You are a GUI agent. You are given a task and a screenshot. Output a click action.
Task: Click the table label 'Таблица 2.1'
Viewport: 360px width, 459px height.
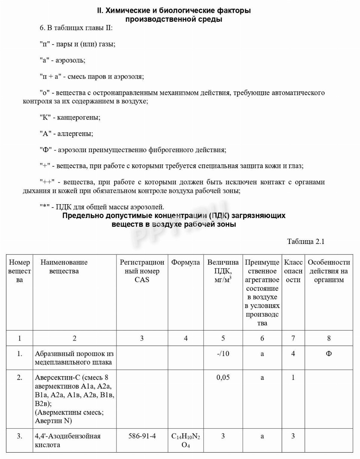pyautogui.click(x=306, y=242)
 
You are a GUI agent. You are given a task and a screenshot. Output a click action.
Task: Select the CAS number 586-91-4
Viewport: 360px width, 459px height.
pyautogui.click(x=142, y=436)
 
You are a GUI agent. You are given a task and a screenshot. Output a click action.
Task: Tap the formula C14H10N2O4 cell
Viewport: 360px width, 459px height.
pyautogui.click(x=186, y=441)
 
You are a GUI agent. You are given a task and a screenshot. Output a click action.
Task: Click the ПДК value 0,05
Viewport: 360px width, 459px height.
pyautogui.click(x=223, y=378)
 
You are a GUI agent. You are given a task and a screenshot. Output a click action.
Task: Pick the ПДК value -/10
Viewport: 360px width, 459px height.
pyautogui.click(x=223, y=354)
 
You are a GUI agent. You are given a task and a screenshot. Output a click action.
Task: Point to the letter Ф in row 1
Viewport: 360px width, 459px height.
pyautogui.click(x=329, y=354)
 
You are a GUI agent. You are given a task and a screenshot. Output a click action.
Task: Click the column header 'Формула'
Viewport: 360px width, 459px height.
pyautogui.click(x=186, y=262)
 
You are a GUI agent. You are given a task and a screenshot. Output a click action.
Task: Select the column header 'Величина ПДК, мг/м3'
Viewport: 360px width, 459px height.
pyautogui.click(x=223, y=271)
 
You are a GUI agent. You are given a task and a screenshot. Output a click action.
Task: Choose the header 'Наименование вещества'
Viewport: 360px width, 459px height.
pyautogui.click(x=64, y=266)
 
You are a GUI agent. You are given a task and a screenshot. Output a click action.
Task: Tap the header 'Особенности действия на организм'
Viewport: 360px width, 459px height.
pyautogui.click(x=329, y=271)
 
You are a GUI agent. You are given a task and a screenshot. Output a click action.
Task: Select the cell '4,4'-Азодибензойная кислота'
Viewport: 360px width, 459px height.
pyautogui.click(x=68, y=441)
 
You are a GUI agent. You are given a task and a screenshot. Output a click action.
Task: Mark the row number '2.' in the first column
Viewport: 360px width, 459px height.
pyautogui.click(x=19, y=378)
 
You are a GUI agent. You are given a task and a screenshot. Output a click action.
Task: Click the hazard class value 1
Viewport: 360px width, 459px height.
pyautogui.click(x=293, y=378)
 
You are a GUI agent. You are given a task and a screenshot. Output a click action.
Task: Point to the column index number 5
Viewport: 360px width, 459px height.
pyautogui.click(x=223, y=338)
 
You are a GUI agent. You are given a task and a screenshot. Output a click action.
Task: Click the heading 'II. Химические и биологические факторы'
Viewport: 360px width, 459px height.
pyautogui.click(x=174, y=10)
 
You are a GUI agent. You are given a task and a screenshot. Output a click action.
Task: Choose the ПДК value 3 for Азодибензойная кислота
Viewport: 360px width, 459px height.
pyautogui.click(x=223, y=436)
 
